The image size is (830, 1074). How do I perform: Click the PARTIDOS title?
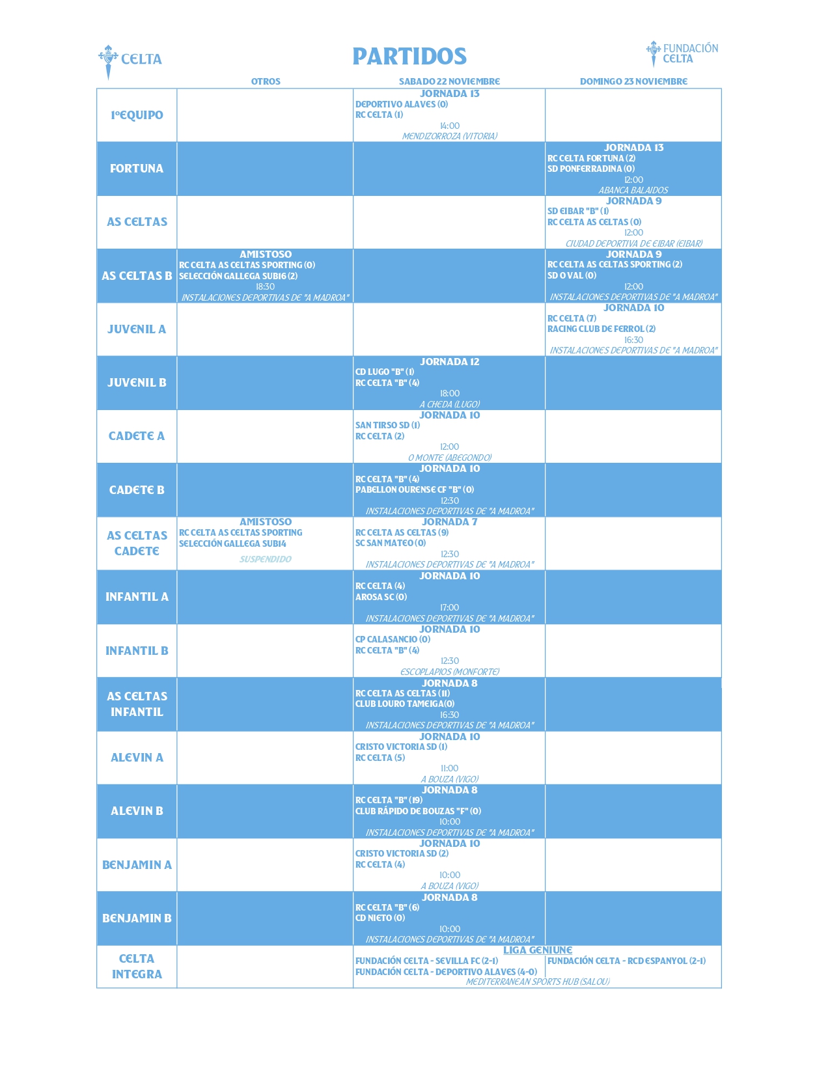(x=409, y=57)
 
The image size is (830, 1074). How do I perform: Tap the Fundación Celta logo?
(x=682, y=53)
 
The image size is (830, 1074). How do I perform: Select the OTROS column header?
(x=266, y=81)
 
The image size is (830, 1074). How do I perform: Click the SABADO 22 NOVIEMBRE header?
(x=449, y=81)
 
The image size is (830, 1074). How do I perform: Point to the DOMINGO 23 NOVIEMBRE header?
(x=633, y=81)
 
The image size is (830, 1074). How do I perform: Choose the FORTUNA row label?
(x=137, y=169)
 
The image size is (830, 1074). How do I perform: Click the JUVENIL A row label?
(x=137, y=329)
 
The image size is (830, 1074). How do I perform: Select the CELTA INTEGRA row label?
(x=137, y=967)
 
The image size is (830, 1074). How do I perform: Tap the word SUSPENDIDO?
(x=266, y=559)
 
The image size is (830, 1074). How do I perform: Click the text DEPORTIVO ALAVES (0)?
(x=402, y=104)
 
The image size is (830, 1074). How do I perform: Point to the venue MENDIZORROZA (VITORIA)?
(x=449, y=136)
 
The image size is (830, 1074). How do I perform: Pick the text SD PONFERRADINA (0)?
(x=590, y=169)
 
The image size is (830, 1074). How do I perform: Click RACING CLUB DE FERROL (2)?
(x=601, y=329)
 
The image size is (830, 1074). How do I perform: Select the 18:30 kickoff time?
(x=265, y=286)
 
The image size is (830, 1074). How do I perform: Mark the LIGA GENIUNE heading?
(x=537, y=950)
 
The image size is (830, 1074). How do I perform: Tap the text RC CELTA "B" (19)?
(x=389, y=801)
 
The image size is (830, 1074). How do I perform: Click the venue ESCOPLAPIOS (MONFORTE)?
(x=449, y=672)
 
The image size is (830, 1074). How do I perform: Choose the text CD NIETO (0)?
(x=380, y=918)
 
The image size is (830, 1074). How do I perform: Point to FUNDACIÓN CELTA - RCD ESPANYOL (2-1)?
(x=626, y=961)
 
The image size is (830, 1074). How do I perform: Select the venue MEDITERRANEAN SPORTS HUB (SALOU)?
(x=537, y=982)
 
